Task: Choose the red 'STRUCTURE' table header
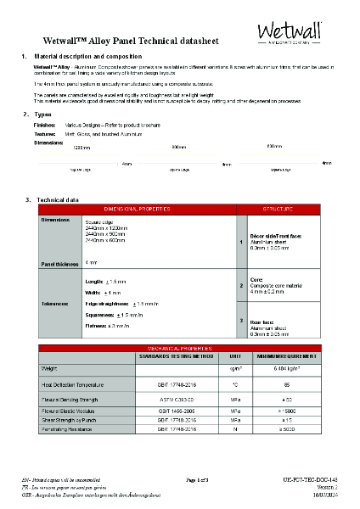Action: [277, 208]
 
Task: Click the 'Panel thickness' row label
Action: [59, 265]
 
